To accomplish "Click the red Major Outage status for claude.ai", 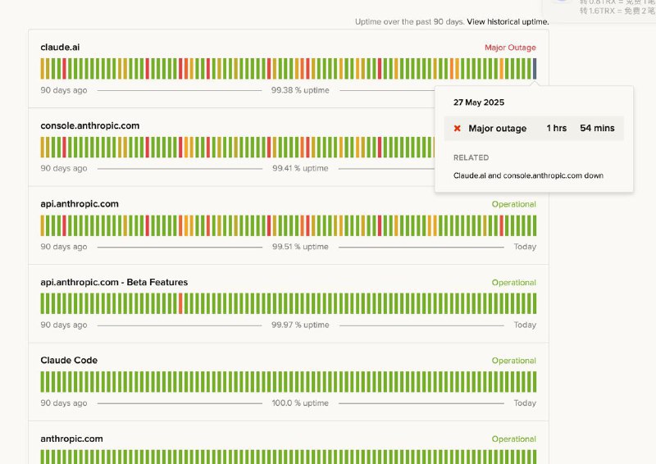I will [x=510, y=48].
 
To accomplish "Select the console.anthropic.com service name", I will [x=89, y=126].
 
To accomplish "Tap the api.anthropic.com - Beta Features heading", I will [x=114, y=283].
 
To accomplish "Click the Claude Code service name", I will [x=69, y=361].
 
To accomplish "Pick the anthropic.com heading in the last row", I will [x=71, y=439].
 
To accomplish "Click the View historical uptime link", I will [x=507, y=21].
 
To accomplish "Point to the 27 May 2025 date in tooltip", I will [x=479, y=103].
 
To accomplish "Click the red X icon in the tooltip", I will [x=458, y=129].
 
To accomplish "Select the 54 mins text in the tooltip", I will [x=597, y=129].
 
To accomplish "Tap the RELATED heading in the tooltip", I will [x=471, y=157].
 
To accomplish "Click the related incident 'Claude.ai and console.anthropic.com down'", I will [x=528, y=175].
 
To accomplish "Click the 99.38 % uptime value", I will [x=300, y=90].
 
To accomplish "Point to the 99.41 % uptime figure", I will [x=300, y=169].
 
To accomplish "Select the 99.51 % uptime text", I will [x=300, y=247].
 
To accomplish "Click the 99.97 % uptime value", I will [x=300, y=325].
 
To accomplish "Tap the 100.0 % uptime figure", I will [x=300, y=403].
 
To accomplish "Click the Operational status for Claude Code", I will [x=513, y=361].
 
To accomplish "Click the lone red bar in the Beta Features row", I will [x=180, y=303].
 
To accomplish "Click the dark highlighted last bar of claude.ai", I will [x=535, y=68].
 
